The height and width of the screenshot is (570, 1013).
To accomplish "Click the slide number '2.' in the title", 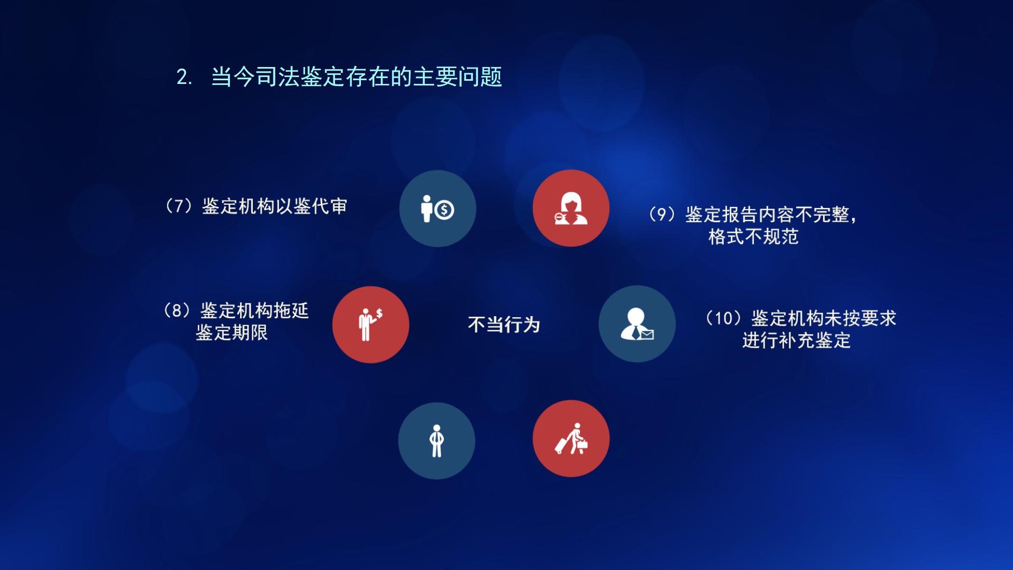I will pos(184,77).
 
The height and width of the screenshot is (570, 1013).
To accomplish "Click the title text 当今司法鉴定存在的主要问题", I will pos(356,77).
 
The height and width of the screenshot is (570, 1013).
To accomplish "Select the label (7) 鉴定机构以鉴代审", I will pos(256,206).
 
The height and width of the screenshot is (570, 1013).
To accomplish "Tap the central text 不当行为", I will pos(504,325).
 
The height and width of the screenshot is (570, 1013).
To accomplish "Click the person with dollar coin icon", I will pos(437,208).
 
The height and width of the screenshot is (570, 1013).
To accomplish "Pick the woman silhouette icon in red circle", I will pos(571,208).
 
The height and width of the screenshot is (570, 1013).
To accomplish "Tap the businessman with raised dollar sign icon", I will pos(370,324).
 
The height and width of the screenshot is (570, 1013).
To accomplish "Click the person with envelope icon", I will pos(637,324).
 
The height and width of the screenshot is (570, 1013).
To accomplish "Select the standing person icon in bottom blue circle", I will pos(436,441).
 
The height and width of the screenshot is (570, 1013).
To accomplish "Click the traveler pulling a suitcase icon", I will pos(571,439).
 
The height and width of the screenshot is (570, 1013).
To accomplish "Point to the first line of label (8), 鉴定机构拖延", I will pos(236,310).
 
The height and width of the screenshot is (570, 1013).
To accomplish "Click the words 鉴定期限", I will pos(232,332).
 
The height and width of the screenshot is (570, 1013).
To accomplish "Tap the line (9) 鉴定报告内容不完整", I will pos(752,214).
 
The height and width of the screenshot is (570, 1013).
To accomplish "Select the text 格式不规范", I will pos(753,236).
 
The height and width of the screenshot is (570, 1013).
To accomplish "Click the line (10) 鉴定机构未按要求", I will pos(801,318).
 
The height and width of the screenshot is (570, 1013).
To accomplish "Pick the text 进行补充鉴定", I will pos(796,340).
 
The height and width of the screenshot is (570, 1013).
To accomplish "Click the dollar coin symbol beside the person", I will pos(444,210).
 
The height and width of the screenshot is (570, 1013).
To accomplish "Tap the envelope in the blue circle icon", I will pos(647,334).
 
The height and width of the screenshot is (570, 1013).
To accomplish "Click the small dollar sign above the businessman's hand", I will pos(379,313).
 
